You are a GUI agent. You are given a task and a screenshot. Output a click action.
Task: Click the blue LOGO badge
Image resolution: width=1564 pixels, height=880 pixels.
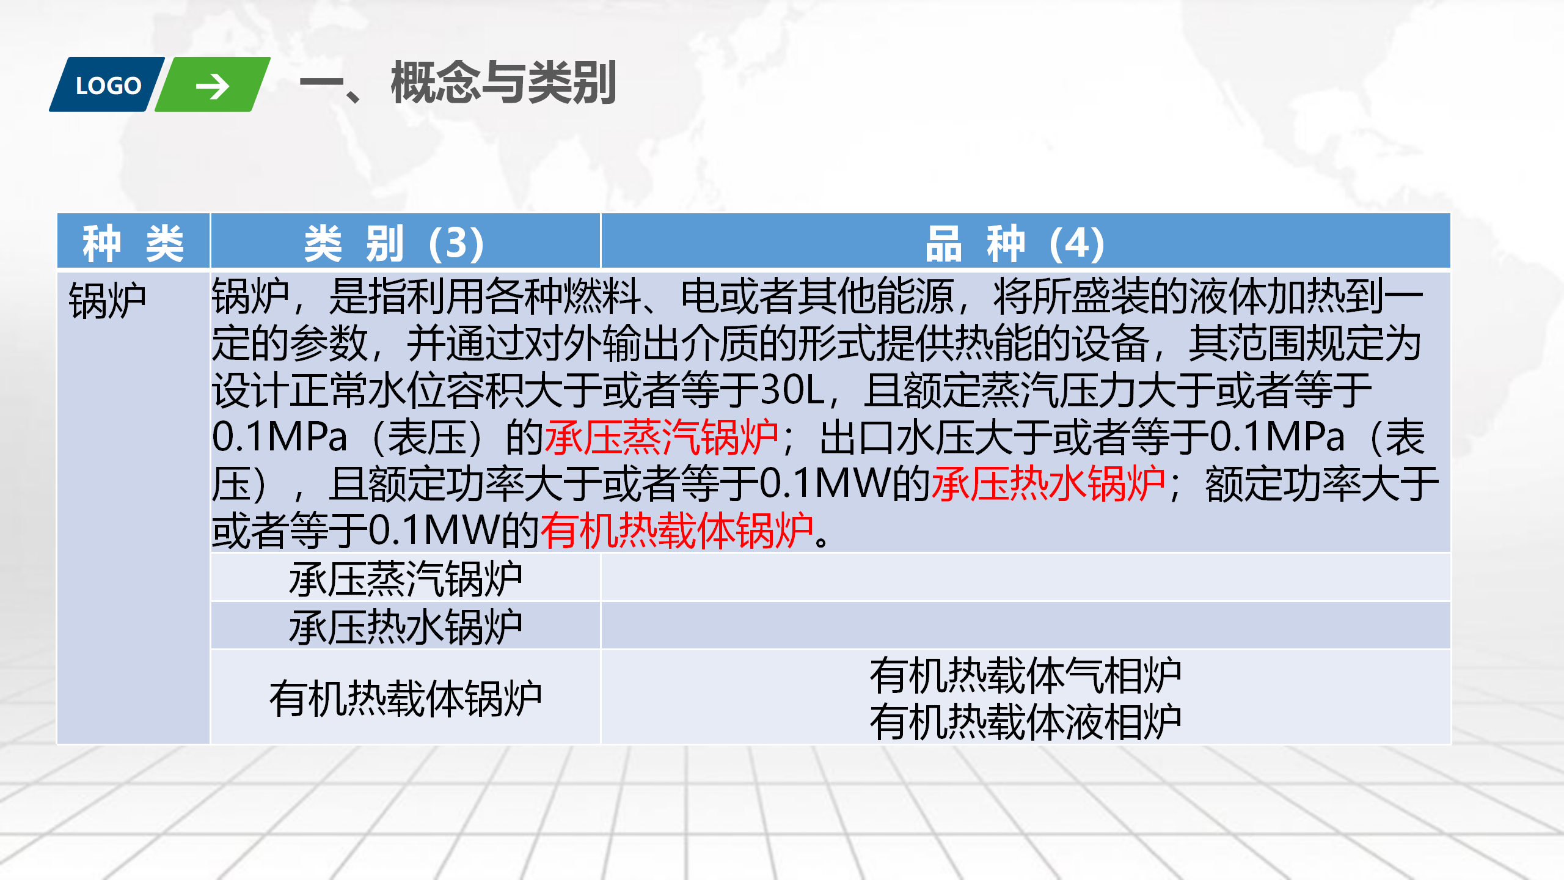point(107,84)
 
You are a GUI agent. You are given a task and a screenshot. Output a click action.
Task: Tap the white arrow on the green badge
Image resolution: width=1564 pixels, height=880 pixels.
point(212,86)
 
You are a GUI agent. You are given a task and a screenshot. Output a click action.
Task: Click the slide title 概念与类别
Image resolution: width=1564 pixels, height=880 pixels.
point(503,82)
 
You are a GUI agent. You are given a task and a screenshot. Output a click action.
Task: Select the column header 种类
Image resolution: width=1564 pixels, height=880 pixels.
point(133,243)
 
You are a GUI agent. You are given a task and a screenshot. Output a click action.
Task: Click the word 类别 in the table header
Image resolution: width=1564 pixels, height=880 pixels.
point(354,243)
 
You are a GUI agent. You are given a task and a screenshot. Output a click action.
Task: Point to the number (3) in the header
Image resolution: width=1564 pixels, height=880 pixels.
point(456,243)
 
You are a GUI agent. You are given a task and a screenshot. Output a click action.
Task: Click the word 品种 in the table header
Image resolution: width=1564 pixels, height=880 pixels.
point(975,243)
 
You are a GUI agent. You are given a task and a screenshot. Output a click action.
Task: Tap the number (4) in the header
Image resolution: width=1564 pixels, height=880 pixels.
point(1077,243)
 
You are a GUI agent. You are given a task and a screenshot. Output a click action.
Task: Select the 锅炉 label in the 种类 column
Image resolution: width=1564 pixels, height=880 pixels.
point(108,300)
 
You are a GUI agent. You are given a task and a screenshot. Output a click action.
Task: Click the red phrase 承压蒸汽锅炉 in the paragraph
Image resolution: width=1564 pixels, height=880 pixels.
point(661,437)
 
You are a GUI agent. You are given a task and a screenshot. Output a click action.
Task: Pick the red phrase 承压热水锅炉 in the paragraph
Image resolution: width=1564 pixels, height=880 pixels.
point(1048,483)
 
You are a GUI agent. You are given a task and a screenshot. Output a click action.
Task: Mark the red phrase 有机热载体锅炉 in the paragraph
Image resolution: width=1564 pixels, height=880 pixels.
point(677,530)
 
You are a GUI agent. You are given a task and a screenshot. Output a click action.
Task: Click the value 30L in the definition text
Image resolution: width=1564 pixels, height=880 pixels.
point(792,390)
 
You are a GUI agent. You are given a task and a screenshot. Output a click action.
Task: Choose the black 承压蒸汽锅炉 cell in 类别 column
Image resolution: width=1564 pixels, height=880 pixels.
point(406,578)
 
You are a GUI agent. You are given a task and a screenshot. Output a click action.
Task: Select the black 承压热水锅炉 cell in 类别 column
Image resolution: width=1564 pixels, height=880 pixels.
point(406,626)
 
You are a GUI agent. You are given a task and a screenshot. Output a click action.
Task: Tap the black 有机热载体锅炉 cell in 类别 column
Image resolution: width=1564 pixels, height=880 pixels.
point(406,698)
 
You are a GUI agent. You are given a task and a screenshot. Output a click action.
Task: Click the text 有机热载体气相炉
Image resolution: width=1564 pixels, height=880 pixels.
point(1026,675)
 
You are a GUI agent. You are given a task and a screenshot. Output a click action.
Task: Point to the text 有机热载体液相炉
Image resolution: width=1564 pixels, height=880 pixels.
point(1026,722)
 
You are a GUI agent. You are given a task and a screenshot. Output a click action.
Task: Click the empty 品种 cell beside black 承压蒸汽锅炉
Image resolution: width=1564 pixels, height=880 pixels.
point(1026,577)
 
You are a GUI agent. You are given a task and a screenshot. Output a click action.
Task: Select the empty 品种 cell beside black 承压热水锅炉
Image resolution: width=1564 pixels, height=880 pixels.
point(1026,625)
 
